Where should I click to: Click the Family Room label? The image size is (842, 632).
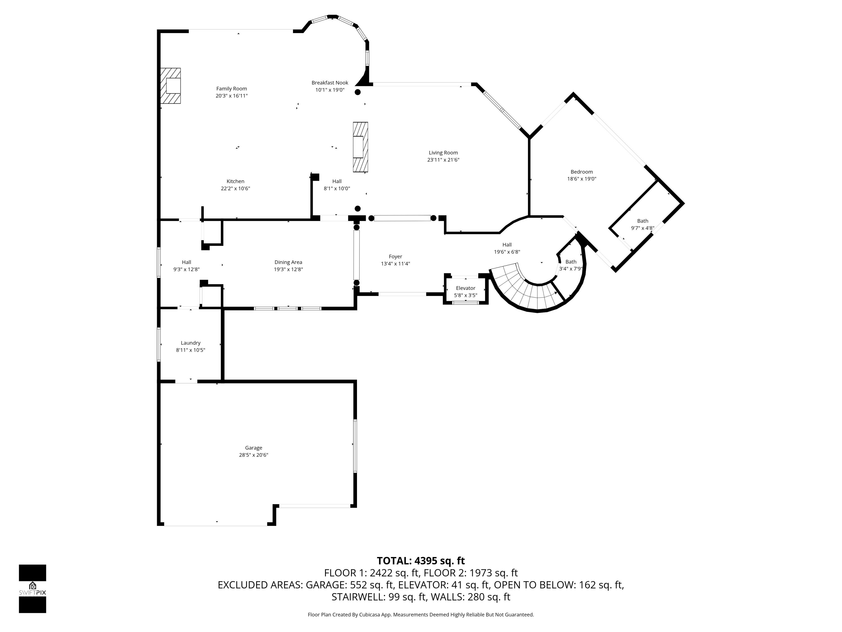[x=232, y=89]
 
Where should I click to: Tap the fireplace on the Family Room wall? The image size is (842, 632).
[x=171, y=86]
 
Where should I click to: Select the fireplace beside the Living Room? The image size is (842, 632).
[x=360, y=147]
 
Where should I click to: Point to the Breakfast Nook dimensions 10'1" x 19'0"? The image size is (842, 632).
[x=330, y=90]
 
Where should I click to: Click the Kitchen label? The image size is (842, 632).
[x=235, y=181]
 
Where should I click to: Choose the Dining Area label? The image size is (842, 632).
[x=288, y=262]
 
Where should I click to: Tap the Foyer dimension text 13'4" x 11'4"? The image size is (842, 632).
[x=395, y=264]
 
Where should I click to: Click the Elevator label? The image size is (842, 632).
[x=465, y=288]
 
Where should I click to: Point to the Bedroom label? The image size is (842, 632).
[x=581, y=172]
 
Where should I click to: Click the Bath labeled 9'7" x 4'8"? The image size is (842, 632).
[x=642, y=221]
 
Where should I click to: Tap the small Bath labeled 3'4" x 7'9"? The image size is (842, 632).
[x=571, y=262]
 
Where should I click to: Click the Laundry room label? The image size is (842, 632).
[x=190, y=343]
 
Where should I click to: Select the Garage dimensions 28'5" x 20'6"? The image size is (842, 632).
[x=253, y=455]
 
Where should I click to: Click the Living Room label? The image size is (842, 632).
[x=443, y=153]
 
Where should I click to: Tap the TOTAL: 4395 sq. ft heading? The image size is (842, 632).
[x=421, y=561]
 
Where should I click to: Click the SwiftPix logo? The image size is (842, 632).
[x=32, y=588]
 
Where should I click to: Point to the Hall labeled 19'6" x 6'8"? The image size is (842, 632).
[x=507, y=245]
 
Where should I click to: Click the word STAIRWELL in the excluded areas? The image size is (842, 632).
[x=358, y=597]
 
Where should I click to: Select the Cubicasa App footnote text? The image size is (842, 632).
[x=421, y=615]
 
